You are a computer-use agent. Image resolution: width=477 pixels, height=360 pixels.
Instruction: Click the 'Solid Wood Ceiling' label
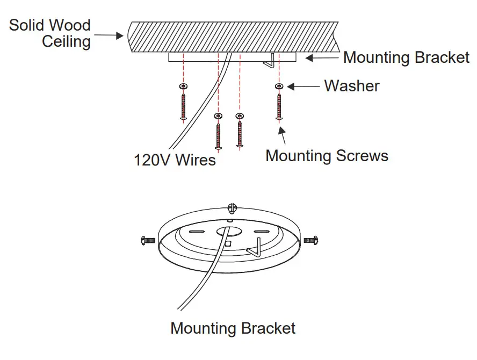point(50,33)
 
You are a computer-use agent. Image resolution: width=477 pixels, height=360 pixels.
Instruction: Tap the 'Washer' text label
point(352,86)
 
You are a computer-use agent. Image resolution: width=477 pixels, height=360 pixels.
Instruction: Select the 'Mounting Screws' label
point(327,156)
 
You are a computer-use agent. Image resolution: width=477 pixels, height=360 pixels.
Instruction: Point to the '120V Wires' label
point(175,160)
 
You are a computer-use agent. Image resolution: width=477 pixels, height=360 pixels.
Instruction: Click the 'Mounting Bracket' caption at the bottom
point(233,328)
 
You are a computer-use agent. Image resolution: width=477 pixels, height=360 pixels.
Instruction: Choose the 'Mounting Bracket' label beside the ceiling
point(406,57)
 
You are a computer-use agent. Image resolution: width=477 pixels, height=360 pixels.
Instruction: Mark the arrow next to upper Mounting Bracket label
point(322,57)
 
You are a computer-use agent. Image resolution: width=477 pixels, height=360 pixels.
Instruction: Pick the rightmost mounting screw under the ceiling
point(279,106)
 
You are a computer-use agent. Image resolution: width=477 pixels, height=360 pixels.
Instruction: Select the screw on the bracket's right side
point(311,240)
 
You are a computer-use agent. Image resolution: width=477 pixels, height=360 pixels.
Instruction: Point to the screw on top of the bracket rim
point(232,207)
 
